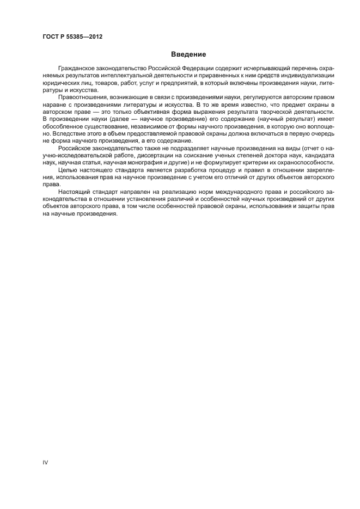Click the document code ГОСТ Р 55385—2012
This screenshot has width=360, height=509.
[x=72, y=36]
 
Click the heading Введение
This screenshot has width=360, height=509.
[x=188, y=54]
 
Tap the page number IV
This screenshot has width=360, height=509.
[x=46, y=463]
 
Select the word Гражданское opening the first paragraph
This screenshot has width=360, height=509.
[x=75, y=68]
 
